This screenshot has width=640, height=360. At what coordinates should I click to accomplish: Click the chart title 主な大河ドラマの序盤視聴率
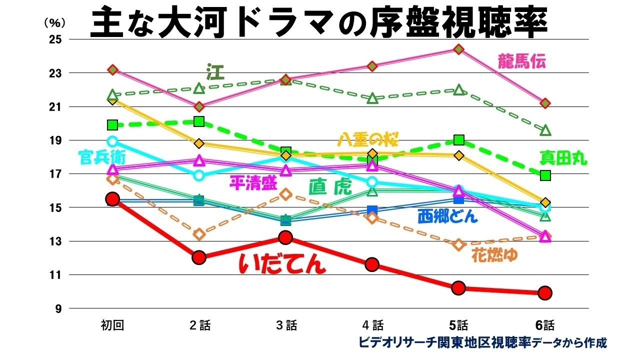tap(320, 22)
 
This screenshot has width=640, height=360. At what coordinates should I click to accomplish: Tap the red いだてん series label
tap(282, 263)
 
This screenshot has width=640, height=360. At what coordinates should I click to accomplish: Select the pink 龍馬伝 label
tap(521, 61)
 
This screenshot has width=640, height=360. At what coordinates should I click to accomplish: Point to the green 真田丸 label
tap(563, 158)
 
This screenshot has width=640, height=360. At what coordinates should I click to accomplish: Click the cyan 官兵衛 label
tap(101, 157)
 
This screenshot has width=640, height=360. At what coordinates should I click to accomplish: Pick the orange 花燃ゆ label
tap(494, 255)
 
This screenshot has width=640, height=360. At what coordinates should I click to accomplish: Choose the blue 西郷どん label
tap(447, 216)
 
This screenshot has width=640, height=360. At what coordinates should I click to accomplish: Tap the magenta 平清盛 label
tap(253, 183)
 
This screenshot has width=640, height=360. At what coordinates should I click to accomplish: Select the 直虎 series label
tap(330, 187)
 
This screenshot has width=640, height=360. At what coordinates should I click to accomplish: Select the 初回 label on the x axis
tap(112, 325)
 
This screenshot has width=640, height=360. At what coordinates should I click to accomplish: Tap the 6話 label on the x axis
tap(545, 325)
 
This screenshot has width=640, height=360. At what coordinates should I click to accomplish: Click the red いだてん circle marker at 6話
tap(545, 292)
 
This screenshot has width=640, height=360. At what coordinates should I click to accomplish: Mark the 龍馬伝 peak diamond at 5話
tap(458, 49)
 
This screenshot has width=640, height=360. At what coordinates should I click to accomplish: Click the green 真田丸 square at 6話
tap(545, 175)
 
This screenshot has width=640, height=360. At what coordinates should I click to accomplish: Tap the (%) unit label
tap(51, 22)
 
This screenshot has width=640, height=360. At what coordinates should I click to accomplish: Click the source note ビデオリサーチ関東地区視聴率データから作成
tap(482, 343)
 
